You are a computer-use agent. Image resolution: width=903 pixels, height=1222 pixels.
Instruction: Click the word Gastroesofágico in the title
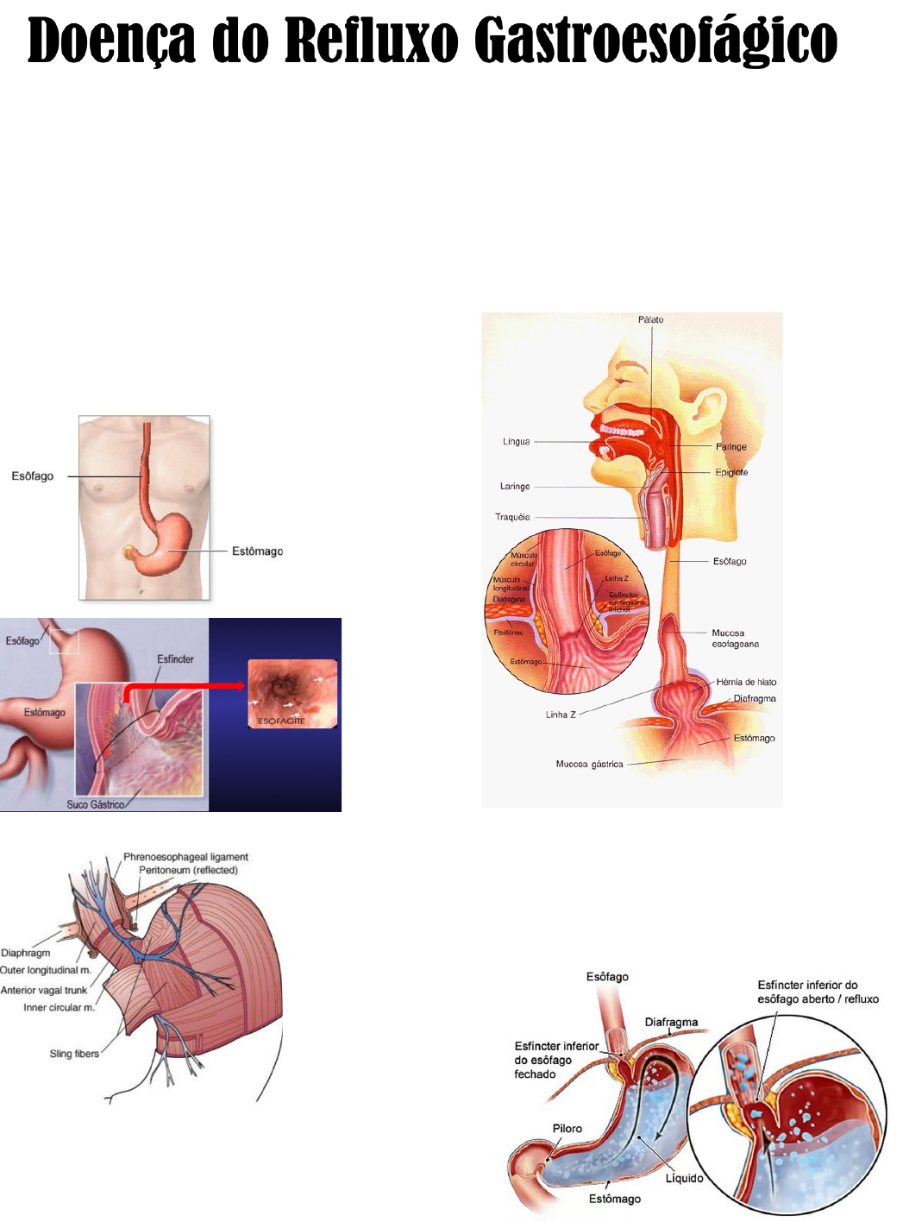coord(655,41)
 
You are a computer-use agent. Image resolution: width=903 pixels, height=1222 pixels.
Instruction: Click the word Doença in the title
coord(111,41)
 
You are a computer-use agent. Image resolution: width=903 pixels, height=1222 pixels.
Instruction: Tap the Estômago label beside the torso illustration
coord(257,551)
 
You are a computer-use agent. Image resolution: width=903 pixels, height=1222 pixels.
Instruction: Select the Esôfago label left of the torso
coord(33,476)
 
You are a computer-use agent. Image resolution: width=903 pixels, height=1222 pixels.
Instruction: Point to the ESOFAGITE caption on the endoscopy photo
coord(282,721)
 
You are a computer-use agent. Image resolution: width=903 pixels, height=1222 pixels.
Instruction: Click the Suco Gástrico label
coord(95,804)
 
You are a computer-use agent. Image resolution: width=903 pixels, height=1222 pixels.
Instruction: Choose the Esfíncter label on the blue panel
coord(175,659)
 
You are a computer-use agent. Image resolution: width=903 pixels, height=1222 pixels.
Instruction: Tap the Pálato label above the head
coord(651,320)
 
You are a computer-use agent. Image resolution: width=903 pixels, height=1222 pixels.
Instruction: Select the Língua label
coord(517,442)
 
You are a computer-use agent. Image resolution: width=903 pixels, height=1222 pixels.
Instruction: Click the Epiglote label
coord(731,473)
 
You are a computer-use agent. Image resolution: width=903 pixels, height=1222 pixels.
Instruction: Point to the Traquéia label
coord(512,518)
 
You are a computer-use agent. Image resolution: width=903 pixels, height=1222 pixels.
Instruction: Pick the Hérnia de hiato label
coord(746,682)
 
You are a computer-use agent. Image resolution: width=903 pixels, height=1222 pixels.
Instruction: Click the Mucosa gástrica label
coord(589,765)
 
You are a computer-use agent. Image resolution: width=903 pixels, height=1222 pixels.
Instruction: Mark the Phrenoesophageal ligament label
coord(185,857)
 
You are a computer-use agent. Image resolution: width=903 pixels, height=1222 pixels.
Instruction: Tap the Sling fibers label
coord(74,1054)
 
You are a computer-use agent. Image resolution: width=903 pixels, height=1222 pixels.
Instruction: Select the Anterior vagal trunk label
coord(44,991)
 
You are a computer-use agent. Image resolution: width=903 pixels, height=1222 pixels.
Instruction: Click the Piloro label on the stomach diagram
coord(568,1129)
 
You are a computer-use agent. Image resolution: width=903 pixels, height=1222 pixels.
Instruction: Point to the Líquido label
coord(684,1179)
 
